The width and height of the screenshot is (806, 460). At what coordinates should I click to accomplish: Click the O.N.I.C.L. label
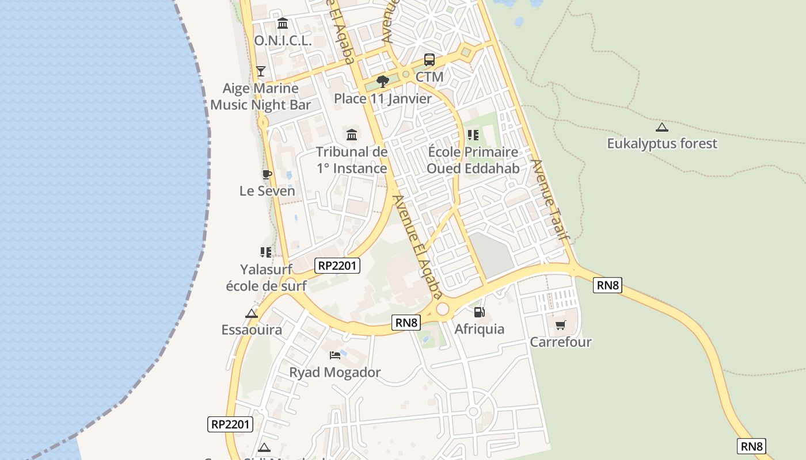[283, 41]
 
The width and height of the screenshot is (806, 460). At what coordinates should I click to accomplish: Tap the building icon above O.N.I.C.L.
[283, 24]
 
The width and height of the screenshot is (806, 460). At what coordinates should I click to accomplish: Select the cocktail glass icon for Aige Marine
[261, 71]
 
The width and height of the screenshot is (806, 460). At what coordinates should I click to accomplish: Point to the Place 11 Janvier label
[383, 98]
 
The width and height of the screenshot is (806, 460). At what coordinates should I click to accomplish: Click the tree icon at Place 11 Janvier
[382, 82]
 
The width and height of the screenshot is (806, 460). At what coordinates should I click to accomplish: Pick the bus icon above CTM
[429, 60]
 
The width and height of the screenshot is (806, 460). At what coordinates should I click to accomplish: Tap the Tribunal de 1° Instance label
[352, 160]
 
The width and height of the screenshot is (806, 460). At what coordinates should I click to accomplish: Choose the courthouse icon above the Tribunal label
[352, 135]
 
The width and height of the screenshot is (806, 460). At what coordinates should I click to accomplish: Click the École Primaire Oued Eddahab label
[473, 160]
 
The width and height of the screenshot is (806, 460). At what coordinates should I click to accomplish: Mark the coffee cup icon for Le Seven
[267, 174]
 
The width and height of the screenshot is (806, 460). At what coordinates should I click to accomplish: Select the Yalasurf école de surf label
[265, 277]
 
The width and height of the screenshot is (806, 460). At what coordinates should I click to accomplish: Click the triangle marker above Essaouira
[251, 313]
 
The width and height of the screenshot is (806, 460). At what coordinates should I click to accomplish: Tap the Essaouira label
[252, 329]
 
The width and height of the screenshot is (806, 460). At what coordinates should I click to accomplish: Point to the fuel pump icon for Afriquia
[479, 312]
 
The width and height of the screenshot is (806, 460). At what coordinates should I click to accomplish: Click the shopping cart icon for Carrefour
[561, 325]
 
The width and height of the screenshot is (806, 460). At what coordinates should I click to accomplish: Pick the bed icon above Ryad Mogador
[334, 355]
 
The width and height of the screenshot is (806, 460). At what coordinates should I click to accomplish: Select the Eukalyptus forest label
[662, 143]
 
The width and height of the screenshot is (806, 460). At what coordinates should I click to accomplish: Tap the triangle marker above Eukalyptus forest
[662, 127]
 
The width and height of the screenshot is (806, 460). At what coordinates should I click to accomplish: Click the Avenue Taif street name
[550, 199]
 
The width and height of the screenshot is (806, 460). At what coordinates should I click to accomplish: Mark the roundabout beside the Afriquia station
[442, 309]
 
